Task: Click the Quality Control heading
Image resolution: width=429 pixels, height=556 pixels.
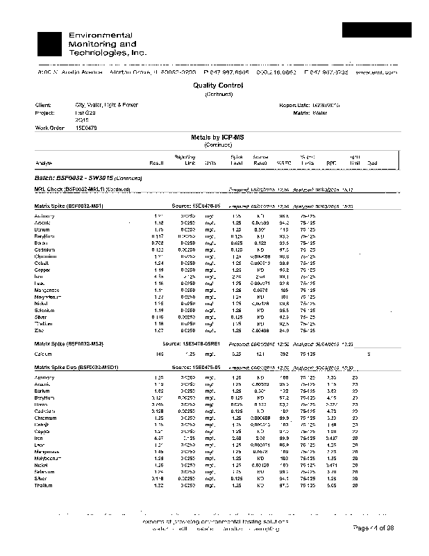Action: click(214, 85)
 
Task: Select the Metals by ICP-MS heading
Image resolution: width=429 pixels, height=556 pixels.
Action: click(214, 138)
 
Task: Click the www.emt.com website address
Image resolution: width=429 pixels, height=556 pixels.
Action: click(376, 72)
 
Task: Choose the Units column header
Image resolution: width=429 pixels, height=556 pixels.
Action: click(210, 163)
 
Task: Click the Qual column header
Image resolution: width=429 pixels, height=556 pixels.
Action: click(372, 163)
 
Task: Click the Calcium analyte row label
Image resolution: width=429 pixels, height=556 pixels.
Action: click(44, 354)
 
